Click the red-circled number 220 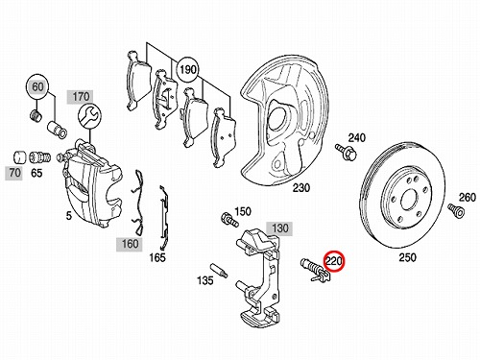[334, 261]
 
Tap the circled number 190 [188, 69]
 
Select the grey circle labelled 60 [37, 87]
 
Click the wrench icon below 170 [89, 116]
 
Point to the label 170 [81, 96]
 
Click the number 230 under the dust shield [301, 188]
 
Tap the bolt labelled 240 [346, 153]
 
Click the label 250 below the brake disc [408, 257]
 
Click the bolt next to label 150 [229, 220]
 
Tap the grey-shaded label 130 [280, 228]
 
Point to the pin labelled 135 [219, 270]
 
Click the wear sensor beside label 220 [315, 271]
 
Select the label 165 [157, 257]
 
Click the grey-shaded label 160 [130, 244]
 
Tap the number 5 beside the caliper [69, 216]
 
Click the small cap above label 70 [20, 157]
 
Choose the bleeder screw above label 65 [39, 157]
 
